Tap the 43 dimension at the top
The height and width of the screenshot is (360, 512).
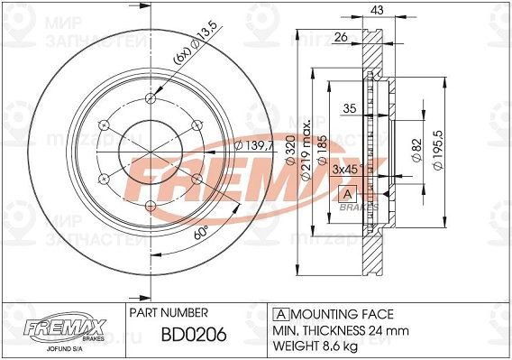(x=377, y=12)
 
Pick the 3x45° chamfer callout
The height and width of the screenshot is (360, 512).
(x=347, y=169)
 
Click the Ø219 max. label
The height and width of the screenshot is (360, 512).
(x=306, y=148)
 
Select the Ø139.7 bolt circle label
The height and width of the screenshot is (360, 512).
(x=251, y=147)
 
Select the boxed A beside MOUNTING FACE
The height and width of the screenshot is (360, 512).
(x=279, y=314)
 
